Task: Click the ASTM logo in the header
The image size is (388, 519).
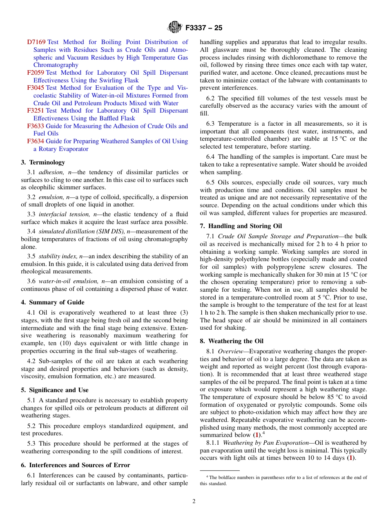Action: click(175, 28)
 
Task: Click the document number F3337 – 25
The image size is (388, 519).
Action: click(204, 28)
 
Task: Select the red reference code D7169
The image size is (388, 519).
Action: click(36, 42)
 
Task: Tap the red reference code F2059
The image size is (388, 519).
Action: click(36, 73)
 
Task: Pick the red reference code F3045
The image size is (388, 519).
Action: click(36, 88)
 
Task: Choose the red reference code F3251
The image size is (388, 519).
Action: click(36, 111)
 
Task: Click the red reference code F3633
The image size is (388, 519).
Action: click(36, 126)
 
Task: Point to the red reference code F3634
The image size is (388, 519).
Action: click(36, 141)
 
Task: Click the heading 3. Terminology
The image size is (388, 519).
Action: click(43, 162)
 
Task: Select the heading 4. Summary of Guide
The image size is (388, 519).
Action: click(53, 302)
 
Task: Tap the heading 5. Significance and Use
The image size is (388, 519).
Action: click(55, 390)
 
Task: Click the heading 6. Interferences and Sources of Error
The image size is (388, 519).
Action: click(76, 465)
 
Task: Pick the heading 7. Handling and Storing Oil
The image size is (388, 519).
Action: click(241, 226)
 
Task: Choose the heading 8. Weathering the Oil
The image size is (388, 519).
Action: click(232, 341)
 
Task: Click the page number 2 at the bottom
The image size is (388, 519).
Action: click(194, 501)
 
